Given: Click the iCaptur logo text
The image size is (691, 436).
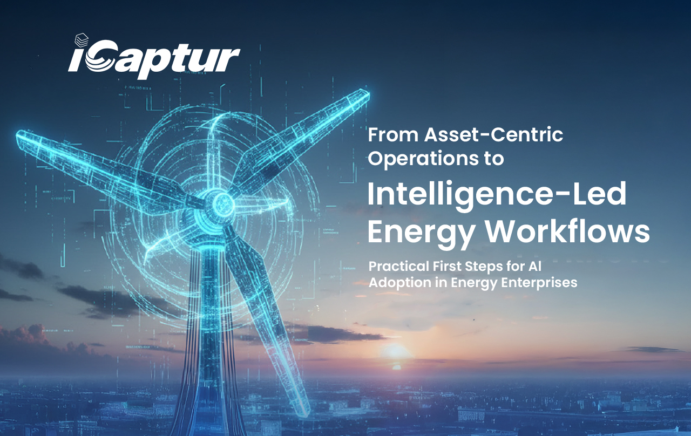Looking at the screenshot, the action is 154,59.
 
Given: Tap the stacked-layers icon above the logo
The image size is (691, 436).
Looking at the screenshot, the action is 82,40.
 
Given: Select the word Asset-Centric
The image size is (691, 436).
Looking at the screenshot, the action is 493,135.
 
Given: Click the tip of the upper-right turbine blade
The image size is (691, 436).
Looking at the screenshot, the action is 368,92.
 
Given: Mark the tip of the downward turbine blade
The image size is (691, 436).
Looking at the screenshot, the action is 306,413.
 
